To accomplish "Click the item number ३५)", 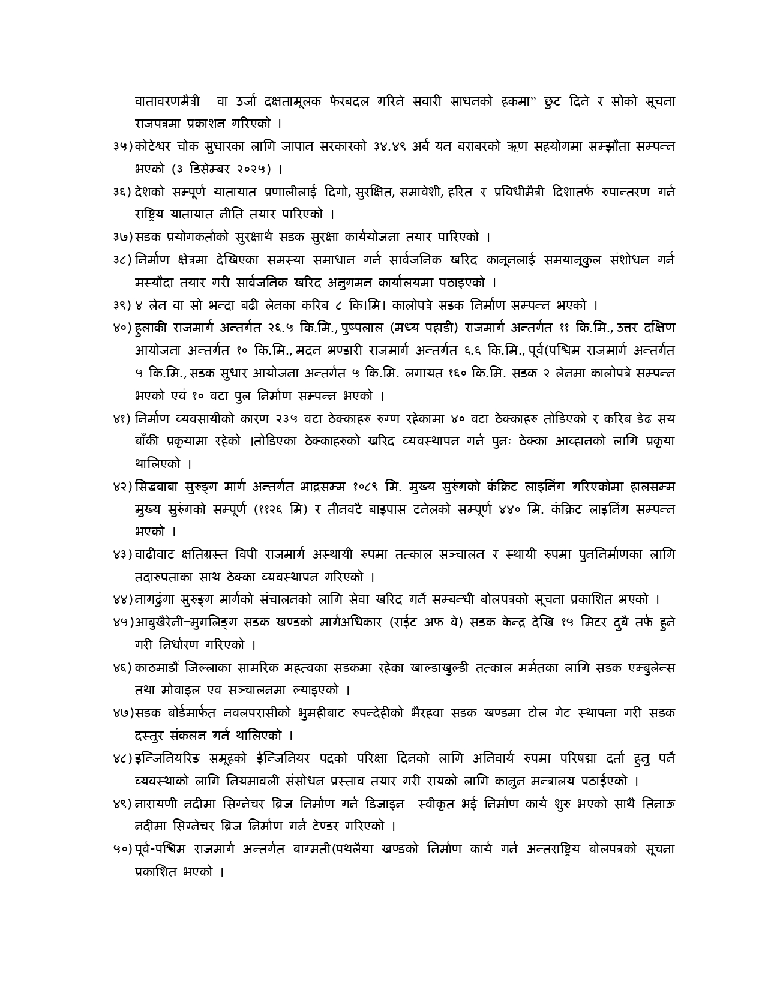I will click(x=122, y=146).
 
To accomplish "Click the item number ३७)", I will click(x=122, y=237).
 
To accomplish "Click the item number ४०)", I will click(x=122, y=328).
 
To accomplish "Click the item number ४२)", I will click(x=122, y=487).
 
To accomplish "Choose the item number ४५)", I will click(x=122, y=622).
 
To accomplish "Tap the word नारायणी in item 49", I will click(x=155, y=803).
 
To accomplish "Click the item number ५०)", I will click(x=122, y=849).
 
